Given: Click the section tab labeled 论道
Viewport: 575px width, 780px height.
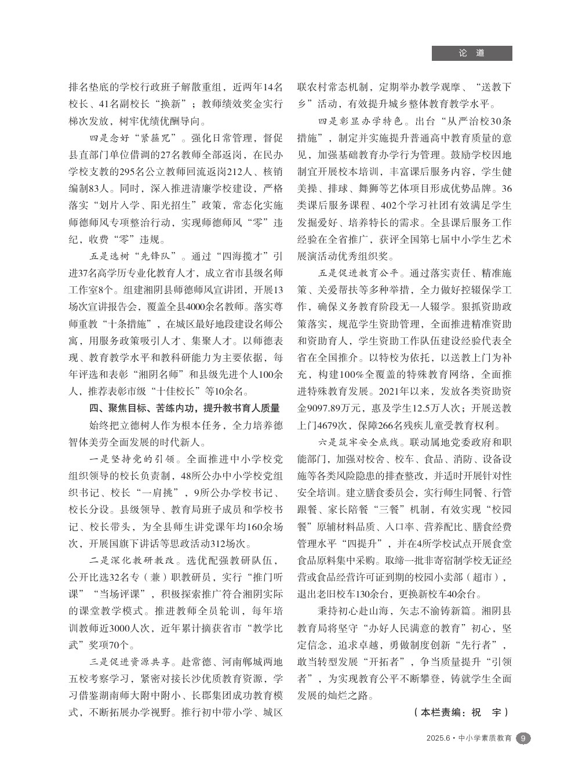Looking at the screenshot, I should coord(472,53).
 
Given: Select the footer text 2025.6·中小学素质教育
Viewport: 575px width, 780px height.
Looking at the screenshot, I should coord(469,738).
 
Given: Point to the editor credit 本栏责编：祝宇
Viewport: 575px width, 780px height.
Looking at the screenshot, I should coord(461,712).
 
